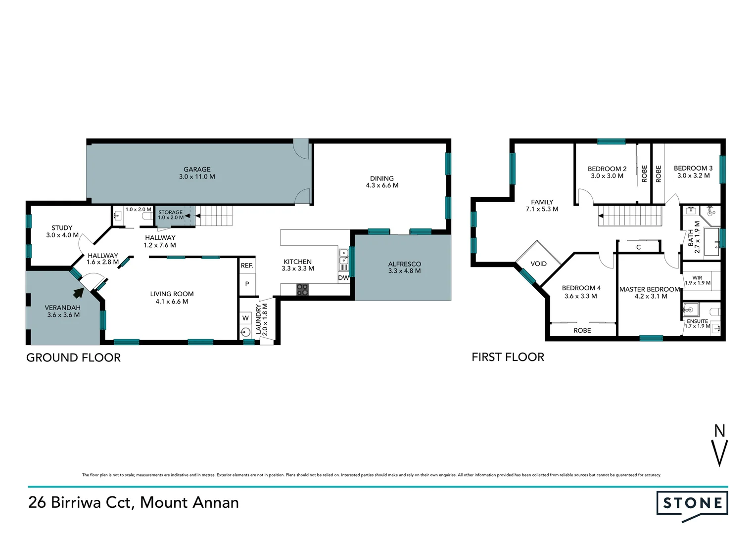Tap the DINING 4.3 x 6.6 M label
point(381,182)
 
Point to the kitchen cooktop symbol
point(302,290)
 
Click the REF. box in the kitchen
point(246,266)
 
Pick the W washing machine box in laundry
point(245,318)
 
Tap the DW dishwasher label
point(343,278)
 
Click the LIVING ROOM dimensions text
point(172,302)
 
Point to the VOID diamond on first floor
point(538,263)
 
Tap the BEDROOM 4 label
point(581,288)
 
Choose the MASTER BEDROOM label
point(649,289)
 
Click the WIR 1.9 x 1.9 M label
point(697,280)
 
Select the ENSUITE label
point(697,321)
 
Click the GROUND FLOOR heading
point(73,357)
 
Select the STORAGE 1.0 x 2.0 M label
point(171,215)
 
